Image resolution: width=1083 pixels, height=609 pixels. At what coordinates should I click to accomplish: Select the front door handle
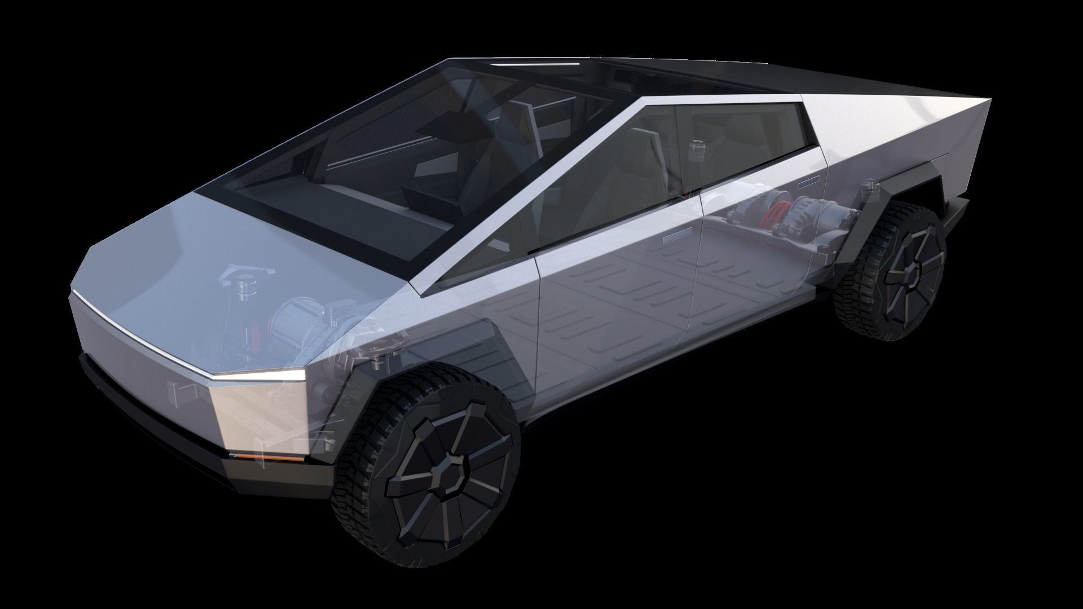(x=679, y=235)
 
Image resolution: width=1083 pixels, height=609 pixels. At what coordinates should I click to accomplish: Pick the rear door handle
(x=809, y=182)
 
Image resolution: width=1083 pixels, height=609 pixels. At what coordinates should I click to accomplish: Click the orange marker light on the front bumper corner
(x=245, y=455)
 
